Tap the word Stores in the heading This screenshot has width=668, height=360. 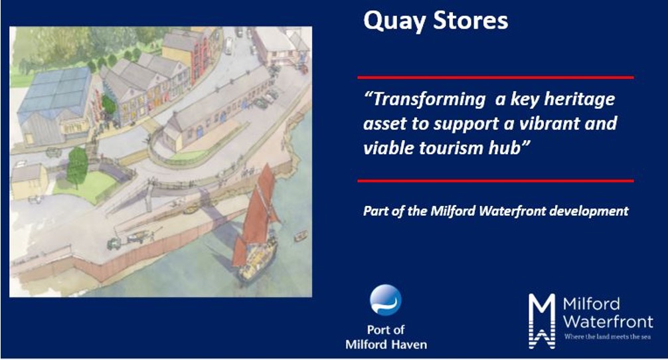click(470, 20)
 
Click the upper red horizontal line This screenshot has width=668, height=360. click(495, 78)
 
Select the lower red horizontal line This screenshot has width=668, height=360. click(495, 181)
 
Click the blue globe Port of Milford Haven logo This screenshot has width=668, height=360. click(386, 300)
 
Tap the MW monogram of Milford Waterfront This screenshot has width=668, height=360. click(542, 321)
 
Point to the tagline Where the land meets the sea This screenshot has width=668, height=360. click(608, 337)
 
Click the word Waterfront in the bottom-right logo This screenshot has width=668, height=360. click(608, 321)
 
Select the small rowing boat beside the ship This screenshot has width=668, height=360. click(300, 236)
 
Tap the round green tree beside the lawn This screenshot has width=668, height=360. click(77, 166)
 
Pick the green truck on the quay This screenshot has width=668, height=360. click(114, 244)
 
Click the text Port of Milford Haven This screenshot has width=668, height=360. click(386, 337)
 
